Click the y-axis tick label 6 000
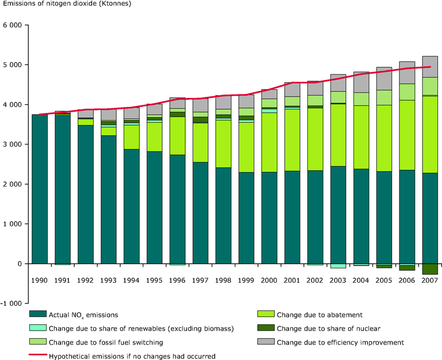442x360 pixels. click(13, 25)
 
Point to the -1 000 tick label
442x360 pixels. click(11, 303)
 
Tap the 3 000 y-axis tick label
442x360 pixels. click(13, 145)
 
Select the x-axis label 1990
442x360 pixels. click(39, 280)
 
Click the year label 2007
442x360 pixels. click(429, 280)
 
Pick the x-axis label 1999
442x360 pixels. click(246, 280)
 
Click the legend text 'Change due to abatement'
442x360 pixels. click(319, 314)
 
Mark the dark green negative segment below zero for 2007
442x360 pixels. click(429, 269)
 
